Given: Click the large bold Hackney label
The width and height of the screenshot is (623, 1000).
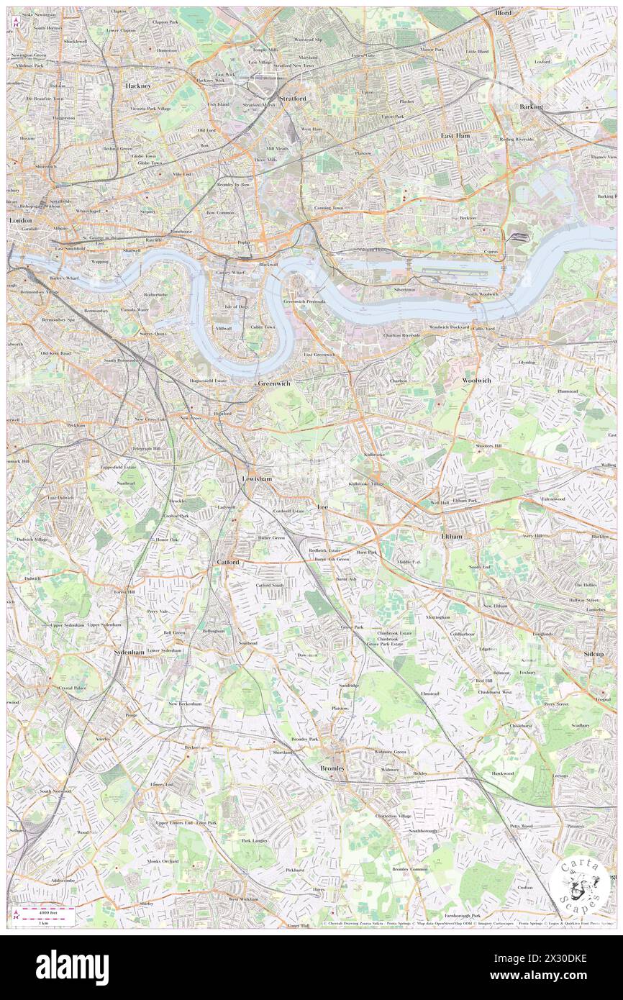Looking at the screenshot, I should click(x=137, y=86).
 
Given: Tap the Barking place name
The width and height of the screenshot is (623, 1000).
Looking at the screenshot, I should click(x=531, y=106).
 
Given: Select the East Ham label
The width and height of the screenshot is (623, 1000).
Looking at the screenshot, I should click(x=455, y=135).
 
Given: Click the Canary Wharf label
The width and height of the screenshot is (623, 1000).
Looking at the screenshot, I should click(x=232, y=273).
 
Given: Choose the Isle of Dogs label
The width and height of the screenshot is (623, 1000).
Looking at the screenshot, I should click(x=236, y=306).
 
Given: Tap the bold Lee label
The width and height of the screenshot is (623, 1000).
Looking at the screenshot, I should click(x=322, y=507).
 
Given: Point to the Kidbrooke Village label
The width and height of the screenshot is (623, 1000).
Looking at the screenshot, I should click(x=367, y=484).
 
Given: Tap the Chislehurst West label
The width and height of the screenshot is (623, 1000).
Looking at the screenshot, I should click(x=496, y=692).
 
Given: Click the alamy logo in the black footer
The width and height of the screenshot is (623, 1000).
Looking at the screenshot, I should click(x=71, y=967).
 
